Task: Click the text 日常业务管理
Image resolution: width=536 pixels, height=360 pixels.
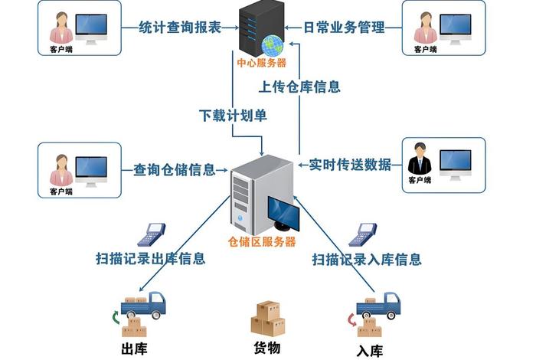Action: pyautogui.click(x=344, y=27)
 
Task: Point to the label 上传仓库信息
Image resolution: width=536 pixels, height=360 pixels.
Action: pyautogui.click(x=300, y=87)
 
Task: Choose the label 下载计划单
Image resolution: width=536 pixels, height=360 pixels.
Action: pyautogui.click(x=233, y=116)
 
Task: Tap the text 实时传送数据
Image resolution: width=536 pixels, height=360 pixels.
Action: pyautogui.click(x=350, y=165)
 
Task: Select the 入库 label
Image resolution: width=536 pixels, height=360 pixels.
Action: pyautogui.click(x=369, y=351)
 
